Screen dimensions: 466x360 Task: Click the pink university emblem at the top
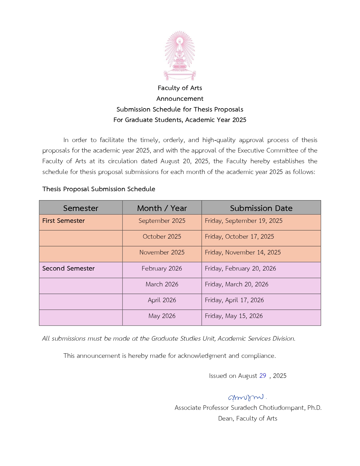(x=180, y=56)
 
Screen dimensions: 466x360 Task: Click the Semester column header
(x=80, y=208)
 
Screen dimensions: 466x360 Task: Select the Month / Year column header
(x=162, y=208)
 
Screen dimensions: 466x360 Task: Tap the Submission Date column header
(x=261, y=208)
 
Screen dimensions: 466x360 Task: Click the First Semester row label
(x=64, y=221)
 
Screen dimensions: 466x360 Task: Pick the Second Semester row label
(x=68, y=268)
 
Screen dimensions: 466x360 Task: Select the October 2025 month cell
(x=162, y=237)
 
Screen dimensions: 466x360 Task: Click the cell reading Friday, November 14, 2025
(x=243, y=252)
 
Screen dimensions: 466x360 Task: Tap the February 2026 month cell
(x=162, y=268)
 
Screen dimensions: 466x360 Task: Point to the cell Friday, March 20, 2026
(x=237, y=284)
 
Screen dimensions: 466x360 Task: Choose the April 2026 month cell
(x=162, y=300)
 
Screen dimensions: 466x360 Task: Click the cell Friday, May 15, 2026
(x=234, y=316)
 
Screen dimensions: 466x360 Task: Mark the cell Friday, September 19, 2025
(x=244, y=221)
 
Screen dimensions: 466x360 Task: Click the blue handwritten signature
(x=246, y=397)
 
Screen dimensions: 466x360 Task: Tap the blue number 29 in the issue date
(x=263, y=376)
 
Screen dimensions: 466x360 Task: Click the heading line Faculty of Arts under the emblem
(x=180, y=88)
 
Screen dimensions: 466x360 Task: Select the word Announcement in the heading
(x=180, y=99)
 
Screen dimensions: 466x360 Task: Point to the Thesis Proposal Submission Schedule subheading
(x=99, y=189)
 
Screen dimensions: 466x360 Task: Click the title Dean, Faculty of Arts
(x=248, y=418)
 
